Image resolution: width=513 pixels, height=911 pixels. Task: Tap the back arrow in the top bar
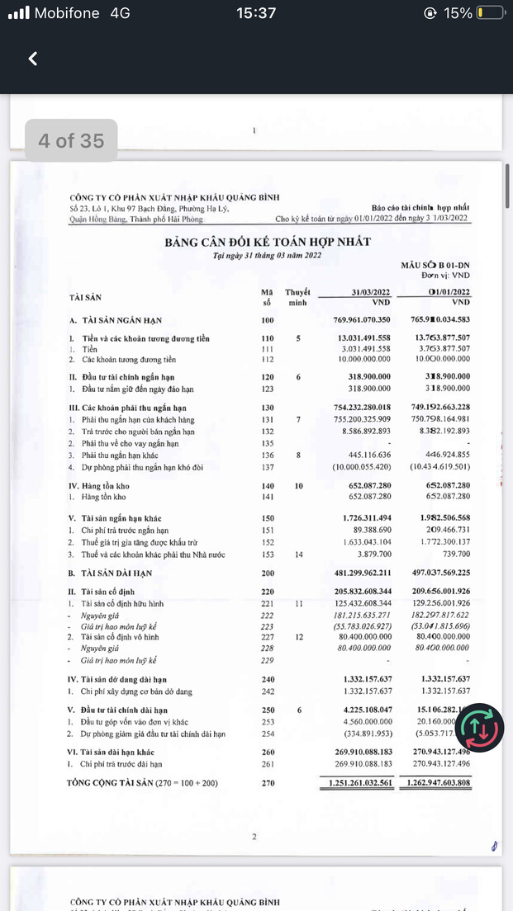(33, 59)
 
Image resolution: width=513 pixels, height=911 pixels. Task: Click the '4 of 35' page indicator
(71, 140)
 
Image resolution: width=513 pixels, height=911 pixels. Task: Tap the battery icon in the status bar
(489, 13)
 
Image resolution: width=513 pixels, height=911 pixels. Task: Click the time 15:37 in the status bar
(255, 13)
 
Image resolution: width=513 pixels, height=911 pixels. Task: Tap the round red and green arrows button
(482, 726)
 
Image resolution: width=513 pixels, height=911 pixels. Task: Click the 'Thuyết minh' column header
(297, 297)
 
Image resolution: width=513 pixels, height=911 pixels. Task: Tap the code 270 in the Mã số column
(267, 782)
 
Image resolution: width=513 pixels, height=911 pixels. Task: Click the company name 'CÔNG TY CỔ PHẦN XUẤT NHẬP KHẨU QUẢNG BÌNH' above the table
(174, 197)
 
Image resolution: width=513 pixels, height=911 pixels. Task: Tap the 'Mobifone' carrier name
(65, 13)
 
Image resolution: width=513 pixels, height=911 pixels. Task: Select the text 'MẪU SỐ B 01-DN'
(435, 264)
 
